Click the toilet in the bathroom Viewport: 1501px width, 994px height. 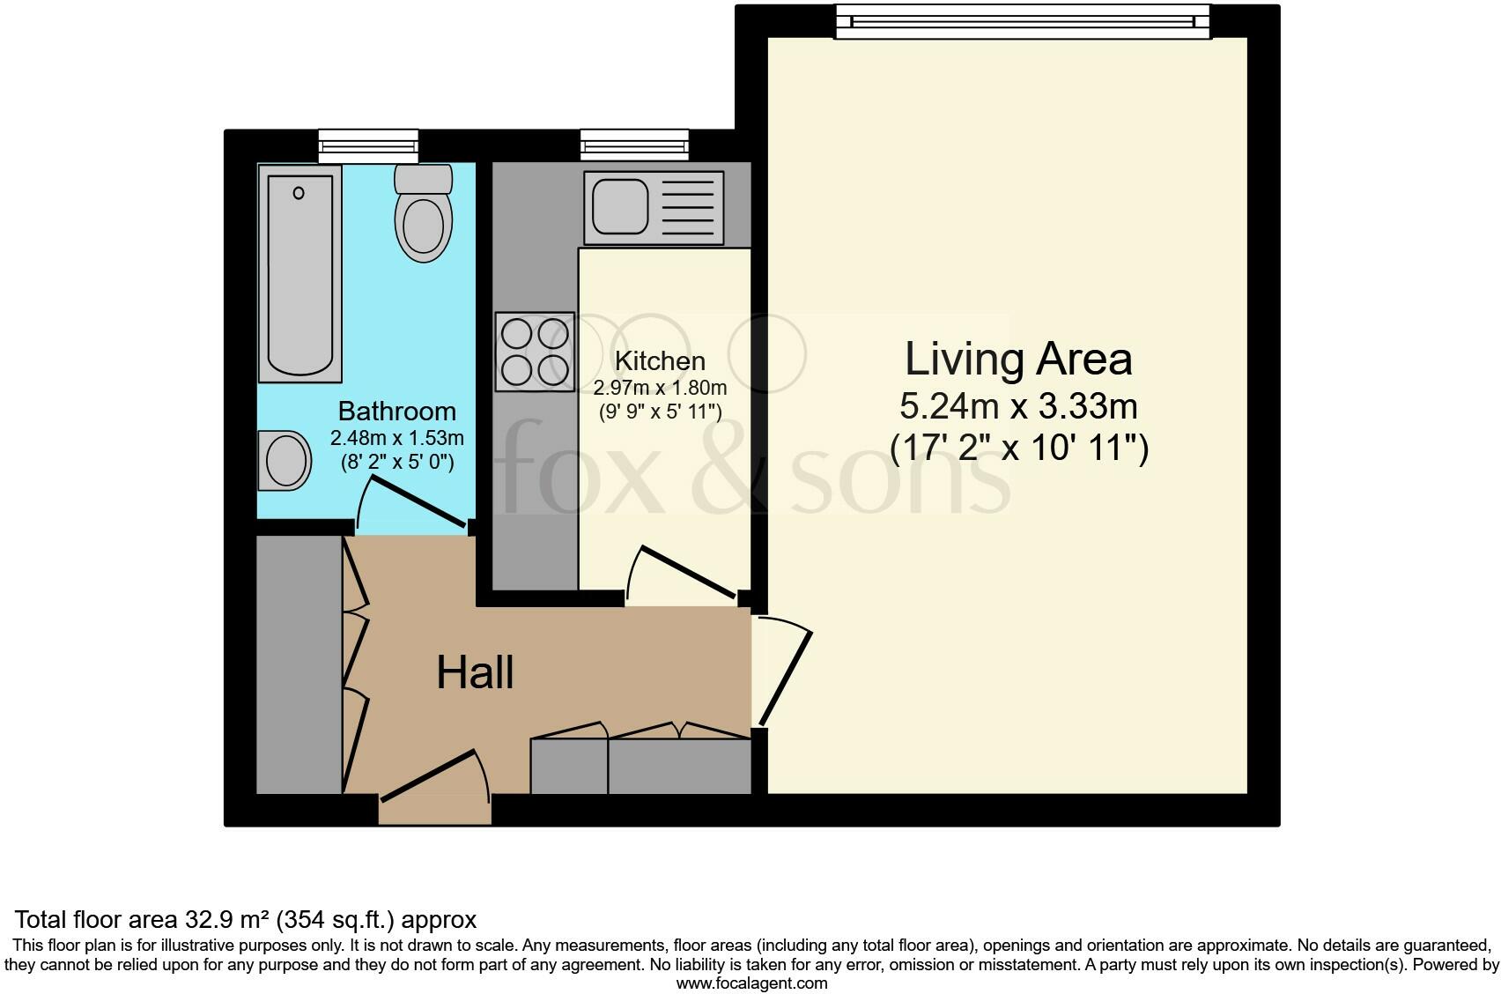(x=423, y=212)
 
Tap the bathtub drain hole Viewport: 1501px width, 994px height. (x=299, y=193)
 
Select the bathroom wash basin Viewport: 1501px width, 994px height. (x=285, y=461)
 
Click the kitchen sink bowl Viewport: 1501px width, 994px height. (x=619, y=207)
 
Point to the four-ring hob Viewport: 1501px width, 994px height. (x=535, y=352)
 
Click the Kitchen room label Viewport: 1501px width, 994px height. (x=660, y=361)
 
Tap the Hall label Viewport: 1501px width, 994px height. (x=475, y=672)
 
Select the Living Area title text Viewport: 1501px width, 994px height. (x=1018, y=360)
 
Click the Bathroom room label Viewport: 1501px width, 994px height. (x=396, y=411)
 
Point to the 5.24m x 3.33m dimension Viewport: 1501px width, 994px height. (x=1018, y=406)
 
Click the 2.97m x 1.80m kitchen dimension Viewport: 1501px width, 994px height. (x=660, y=388)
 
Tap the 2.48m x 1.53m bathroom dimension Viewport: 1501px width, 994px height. (x=396, y=438)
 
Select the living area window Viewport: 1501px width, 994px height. (x=1023, y=21)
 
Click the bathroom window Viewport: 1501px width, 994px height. (x=368, y=146)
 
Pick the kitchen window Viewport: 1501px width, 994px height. (x=634, y=145)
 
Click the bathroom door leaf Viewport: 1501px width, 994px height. (x=418, y=502)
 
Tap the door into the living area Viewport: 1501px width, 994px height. (x=786, y=678)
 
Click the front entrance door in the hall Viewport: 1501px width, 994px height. (x=429, y=775)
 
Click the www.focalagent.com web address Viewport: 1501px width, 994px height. (x=752, y=983)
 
